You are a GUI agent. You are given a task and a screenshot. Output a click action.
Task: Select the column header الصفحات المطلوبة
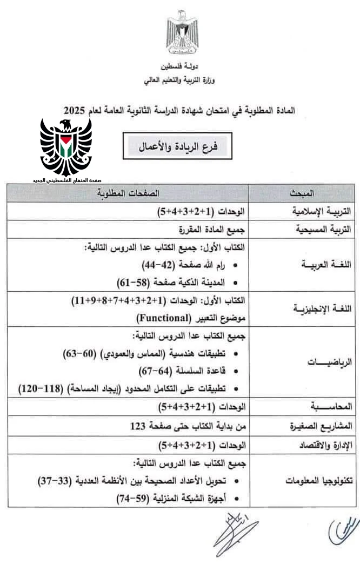click(x=128, y=193)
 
